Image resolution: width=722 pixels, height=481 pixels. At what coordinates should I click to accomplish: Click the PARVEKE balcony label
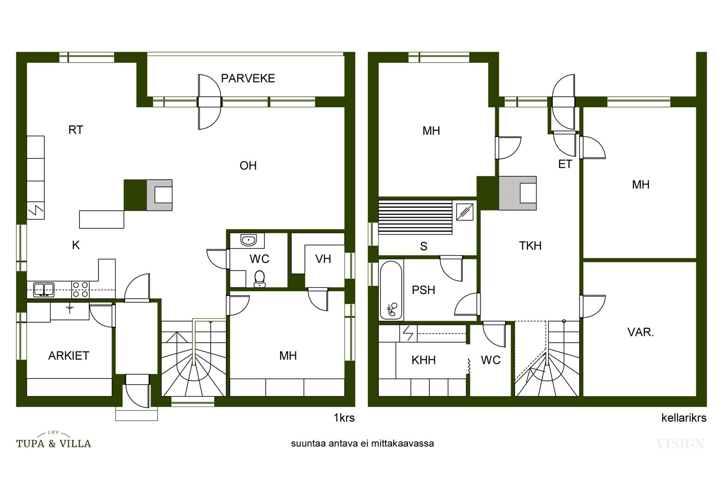pyautogui.click(x=248, y=78)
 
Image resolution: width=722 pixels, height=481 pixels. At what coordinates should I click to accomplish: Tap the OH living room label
pyautogui.click(x=248, y=165)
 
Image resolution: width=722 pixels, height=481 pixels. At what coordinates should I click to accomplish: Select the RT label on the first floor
pyautogui.click(x=76, y=130)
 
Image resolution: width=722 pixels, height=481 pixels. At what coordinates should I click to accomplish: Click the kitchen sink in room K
pyautogui.click(x=44, y=290)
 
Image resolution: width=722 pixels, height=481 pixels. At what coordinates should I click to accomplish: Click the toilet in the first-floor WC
pyautogui.click(x=259, y=279)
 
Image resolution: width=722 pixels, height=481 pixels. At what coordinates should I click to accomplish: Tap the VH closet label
pyautogui.click(x=323, y=259)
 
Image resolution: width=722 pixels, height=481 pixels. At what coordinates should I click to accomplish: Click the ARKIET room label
pyautogui.click(x=69, y=355)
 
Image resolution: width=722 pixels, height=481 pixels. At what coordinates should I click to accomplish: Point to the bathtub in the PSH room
pyautogui.click(x=391, y=290)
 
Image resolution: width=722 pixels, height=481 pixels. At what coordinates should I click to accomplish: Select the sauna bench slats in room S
pyautogui.click(x=415, y=218)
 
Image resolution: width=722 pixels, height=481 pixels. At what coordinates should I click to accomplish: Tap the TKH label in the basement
pyautogui.click(x=530, y=246)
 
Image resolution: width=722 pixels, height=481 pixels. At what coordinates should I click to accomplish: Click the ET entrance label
pyautogui.click(x=565, y=164)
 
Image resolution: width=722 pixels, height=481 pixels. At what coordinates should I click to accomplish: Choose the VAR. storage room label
pyautogui.click(x=641, y=332)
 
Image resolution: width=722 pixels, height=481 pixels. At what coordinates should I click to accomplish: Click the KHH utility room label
pyautogui.click(x=423, y=360)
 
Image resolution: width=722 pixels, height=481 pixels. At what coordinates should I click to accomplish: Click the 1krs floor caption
pyautogui.click(x=344, y=418)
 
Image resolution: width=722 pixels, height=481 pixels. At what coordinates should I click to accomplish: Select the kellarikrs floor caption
pyautogui.click(x=684, y=418)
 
